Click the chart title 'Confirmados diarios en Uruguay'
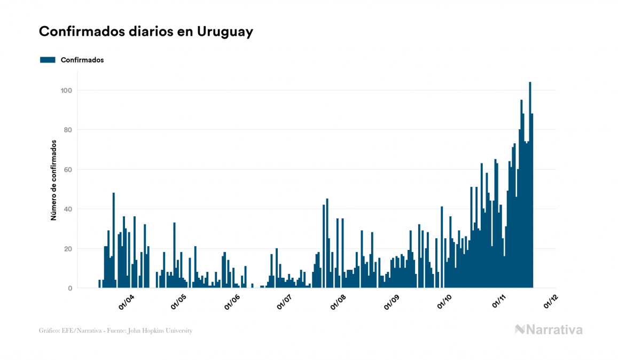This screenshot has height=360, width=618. [x=146, y=32]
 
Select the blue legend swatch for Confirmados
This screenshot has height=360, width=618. [x=48, y=60]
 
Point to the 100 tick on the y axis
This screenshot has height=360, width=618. [x=66, y=90]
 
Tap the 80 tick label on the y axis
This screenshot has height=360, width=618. [x=68, y=130]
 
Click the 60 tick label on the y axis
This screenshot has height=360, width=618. [x=68, y=169]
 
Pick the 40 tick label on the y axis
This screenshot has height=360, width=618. [x=68, y=209]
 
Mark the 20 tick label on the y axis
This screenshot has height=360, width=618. [x=68, y=249]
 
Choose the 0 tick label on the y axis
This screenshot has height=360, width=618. [x=70, y=288]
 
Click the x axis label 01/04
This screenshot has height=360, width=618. [x=127, y=302]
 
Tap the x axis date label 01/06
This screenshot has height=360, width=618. [x=232, y=302]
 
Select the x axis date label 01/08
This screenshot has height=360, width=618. [x=338, y=302]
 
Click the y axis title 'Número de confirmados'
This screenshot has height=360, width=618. [x=53, y=181]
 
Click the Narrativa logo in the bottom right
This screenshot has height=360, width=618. [x=549, y=330]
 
